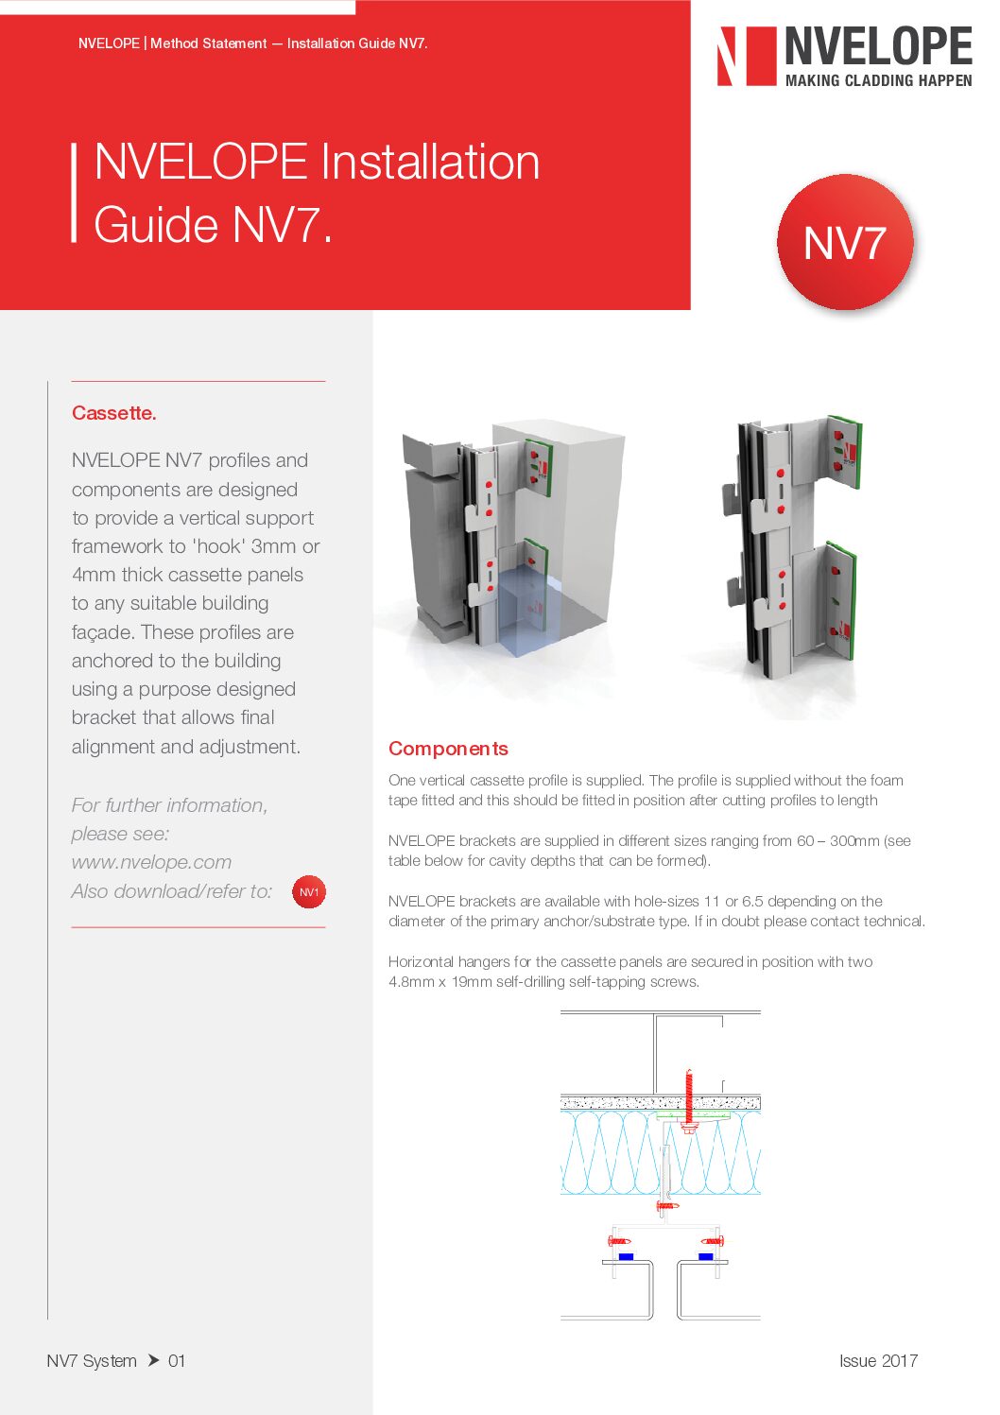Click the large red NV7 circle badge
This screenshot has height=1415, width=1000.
844,242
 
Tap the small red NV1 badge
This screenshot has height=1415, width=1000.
309,891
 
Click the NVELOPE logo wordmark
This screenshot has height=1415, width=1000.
878,45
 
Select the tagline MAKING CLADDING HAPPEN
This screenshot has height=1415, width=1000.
878,81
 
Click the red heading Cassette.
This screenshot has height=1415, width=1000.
114,413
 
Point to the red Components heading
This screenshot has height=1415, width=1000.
448,749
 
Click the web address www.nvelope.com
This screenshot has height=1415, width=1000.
151,862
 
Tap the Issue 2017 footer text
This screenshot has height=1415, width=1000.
878,1360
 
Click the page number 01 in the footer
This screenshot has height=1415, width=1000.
177,1360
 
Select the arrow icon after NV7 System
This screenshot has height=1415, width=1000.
153,1360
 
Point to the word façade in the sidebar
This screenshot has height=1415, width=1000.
100,632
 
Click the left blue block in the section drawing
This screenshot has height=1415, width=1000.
625,1256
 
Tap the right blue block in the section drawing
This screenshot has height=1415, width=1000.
705,1256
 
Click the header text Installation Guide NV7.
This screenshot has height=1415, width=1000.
357,43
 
